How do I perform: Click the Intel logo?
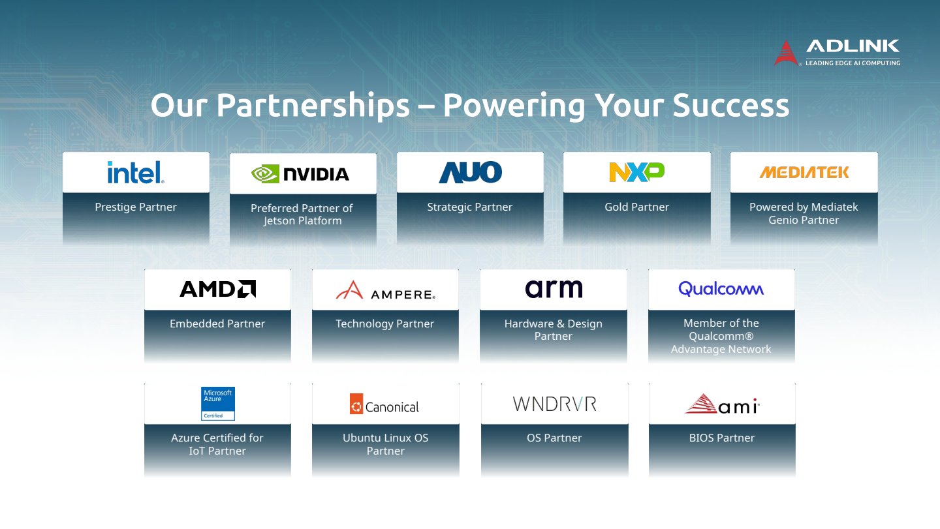pos(136,172)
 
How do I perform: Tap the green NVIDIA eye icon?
pos(265,174)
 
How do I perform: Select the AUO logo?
pos(470,172)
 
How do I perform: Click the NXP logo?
pos(636,172)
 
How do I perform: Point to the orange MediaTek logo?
pos(804,172)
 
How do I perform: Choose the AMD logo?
pos(217,289)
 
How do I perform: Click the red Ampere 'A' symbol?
pos(350,290)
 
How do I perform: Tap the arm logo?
pos(554,289)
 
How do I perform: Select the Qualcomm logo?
pos(721,289)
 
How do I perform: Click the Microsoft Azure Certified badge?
pos(218,404)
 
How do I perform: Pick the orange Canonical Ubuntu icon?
pos(356,404)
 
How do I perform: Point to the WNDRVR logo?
pos(554,404)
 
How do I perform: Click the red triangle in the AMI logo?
pos(701,404)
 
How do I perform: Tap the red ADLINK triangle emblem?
pos(786,53)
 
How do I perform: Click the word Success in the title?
pos(731,105)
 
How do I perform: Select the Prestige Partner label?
pos(136,207)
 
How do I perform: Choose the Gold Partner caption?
pos(636,207)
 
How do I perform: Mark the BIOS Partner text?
pos(722,438)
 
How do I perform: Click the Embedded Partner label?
pos(217,324)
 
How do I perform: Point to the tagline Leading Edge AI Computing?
pos(853,63)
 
